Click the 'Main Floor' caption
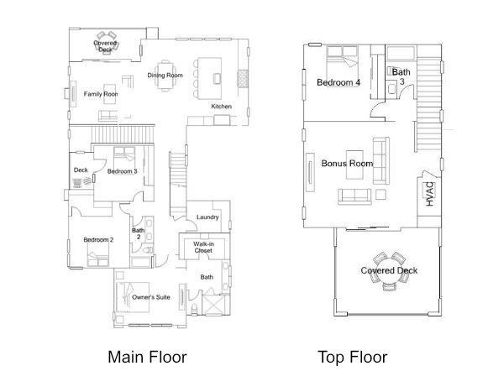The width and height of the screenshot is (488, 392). point(147,357)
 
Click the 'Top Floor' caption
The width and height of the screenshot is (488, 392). point(353,357)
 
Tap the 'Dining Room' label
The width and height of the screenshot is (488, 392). point(165,76)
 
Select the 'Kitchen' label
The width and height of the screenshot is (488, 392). point(221,107)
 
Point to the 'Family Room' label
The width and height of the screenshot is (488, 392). point(99,94)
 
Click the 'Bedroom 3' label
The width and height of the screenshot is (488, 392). point(122,171)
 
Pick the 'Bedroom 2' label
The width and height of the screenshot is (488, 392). point(98,240)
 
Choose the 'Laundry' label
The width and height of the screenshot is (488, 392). point(207,217)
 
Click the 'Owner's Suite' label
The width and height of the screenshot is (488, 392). point(152,296)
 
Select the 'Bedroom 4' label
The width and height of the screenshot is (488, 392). point(338,82)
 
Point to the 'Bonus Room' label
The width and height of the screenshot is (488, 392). point(347,163)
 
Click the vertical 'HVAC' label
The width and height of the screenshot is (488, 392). point(428,194)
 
